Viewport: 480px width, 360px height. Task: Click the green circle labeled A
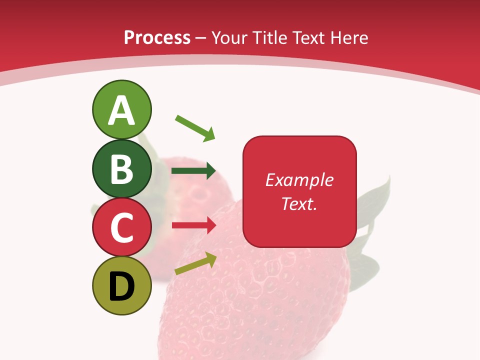pos(121,109)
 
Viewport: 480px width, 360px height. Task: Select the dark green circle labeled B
pos(121,168)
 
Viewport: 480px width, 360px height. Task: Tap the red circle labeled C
pos(121,227)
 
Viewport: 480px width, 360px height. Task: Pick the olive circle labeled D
pos(121,285)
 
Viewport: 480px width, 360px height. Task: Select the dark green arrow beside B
pos(193,171)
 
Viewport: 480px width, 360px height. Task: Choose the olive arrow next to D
pos(195,263)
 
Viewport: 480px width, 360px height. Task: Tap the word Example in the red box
pos(299,180)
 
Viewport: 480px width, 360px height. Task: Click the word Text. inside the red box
pos(299,203)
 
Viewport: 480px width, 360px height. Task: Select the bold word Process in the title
pos(157,38)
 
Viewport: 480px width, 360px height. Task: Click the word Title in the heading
pos(270,38)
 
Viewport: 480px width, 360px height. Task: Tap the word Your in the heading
pos(229,38)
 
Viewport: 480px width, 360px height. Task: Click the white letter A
pos(121,110)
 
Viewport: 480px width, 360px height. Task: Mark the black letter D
pos(121,286)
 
